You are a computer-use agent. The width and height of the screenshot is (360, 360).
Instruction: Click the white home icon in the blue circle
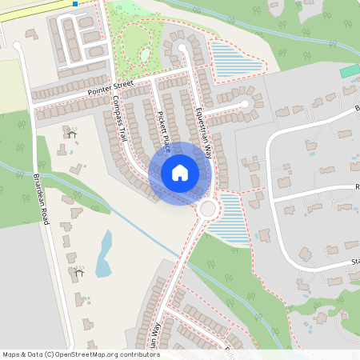tap(180, 173)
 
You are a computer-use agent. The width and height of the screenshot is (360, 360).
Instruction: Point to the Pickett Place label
tap(163, 132)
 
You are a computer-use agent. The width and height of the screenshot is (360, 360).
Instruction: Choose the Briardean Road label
tap(41, 200)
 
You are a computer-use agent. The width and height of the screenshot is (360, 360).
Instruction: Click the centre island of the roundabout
tap(209, 209)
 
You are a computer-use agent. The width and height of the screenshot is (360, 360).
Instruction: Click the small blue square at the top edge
tap(74, 4)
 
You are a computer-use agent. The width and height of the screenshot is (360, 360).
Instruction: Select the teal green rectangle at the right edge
tap(350, 71)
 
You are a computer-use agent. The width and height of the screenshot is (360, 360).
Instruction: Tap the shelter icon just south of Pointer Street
tap(71, 134)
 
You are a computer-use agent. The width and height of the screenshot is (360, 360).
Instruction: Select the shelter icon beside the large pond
tap(78, 272)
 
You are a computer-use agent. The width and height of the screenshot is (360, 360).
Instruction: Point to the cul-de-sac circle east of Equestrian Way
tap(247, 104)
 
